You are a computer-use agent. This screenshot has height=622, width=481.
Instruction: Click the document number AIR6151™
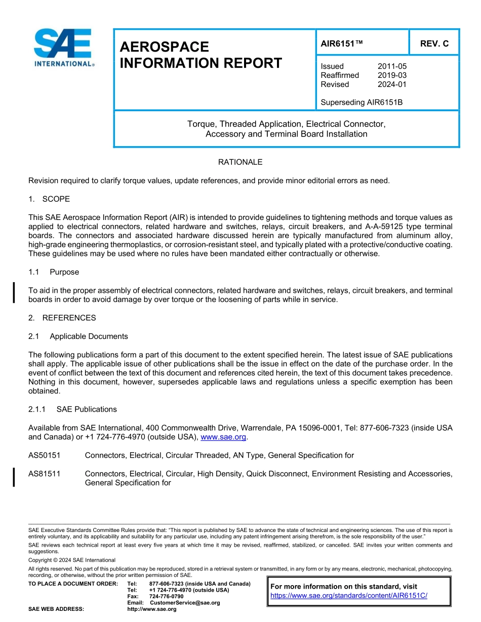(342, 43)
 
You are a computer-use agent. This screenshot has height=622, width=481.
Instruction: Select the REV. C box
(434, 43)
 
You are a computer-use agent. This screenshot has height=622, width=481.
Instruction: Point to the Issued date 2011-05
(392, 66)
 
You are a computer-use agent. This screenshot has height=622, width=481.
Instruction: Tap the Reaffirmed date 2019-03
(392, 75)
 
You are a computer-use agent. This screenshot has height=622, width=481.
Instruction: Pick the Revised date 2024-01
(392, 84)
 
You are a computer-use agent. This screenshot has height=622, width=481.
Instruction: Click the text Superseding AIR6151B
(362, 103)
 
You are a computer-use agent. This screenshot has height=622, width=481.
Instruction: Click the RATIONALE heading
(240, 162)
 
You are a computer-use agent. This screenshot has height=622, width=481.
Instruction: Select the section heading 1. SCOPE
(49, 199)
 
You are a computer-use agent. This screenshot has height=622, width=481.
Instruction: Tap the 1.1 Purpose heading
(54, 272)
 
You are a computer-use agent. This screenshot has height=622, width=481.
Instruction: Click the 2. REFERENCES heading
(62, 318)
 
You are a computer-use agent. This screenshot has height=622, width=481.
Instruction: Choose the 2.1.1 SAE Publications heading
(72, 409)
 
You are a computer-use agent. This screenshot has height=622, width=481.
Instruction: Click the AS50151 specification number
(45, 455)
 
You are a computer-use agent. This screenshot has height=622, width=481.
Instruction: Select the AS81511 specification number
(45, 474)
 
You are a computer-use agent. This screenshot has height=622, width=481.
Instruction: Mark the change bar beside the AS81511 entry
(14, 478)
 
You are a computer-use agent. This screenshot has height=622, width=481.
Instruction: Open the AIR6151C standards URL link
(349, 596)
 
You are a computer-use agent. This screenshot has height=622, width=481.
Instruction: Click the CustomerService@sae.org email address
(185, 603)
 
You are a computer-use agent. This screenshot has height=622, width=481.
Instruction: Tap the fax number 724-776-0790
(167, 597)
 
